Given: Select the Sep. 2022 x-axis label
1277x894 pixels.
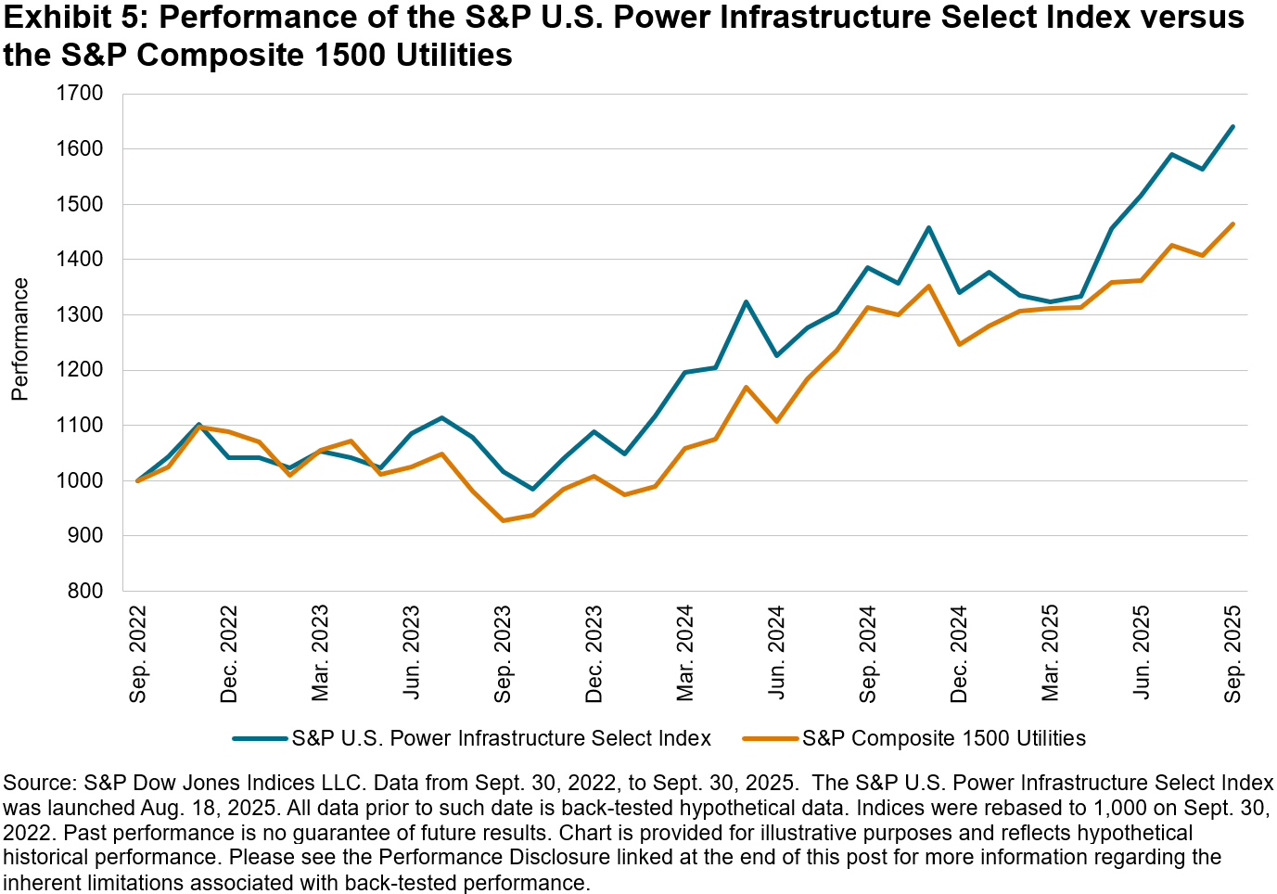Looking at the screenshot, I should pos(138,655).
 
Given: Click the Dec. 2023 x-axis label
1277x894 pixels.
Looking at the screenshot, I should pos(594,655).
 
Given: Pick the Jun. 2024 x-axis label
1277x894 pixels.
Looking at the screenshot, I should pos(777,655).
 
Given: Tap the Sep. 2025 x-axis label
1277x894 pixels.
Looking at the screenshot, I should pos(1233,655).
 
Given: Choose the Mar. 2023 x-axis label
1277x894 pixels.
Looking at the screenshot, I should pos(321,655).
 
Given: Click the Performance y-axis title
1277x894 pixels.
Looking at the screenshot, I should pos(20,339).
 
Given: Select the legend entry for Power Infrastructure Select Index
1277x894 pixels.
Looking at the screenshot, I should pos(501,738).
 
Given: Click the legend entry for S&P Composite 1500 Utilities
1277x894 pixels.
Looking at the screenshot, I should pos(943,738).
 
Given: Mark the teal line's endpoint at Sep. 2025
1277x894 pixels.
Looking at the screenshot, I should pos(1232,126).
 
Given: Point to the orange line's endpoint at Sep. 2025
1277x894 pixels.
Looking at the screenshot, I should pos(1232,223).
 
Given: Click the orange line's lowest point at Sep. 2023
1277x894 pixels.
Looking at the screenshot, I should pos(504,520).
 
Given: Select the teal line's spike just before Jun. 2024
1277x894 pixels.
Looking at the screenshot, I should pos(747,301).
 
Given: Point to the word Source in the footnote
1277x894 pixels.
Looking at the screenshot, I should pos(38,783).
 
